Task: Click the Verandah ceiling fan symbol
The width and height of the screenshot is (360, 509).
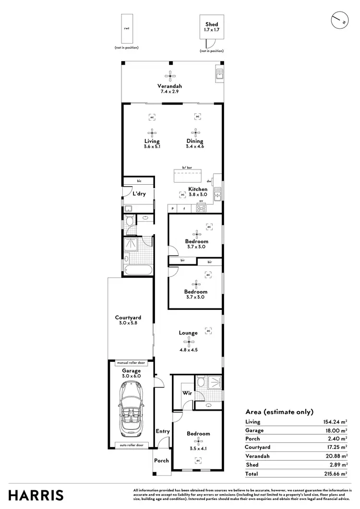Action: [169, 75]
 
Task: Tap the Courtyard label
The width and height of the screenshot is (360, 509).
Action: [128, 318]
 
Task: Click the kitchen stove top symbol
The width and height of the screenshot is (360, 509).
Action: [201, 208]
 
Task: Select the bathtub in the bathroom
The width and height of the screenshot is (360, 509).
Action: [137, 270]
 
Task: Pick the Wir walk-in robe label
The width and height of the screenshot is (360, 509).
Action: [187, 392]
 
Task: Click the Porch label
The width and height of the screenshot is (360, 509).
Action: [161, 461]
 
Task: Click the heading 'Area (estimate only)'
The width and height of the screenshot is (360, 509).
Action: [279, 412]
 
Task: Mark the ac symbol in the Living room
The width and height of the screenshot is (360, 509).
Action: [152, 117]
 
